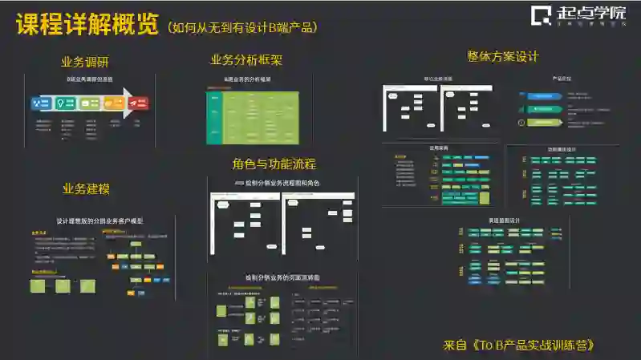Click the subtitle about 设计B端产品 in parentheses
pos(242,27)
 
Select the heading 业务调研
pos(85,62)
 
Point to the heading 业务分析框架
pos(246,60)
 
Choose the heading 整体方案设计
pos(502,57)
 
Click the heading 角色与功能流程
pos(274,164)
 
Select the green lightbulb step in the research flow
pos(63,103)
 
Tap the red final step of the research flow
pos(140,103)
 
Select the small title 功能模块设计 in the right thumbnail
pos(562,149)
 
